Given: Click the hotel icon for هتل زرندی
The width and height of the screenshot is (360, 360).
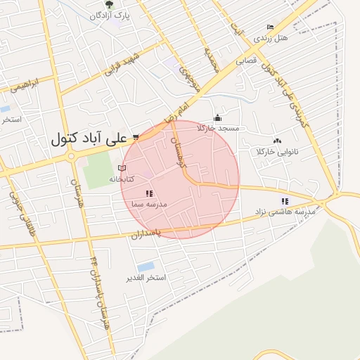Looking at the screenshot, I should click(x=271, y=27).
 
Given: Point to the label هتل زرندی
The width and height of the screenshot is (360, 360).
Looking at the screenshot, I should click(x=271, y=37).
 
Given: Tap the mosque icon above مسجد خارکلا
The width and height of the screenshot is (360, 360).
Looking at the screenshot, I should click(x=218, y=118).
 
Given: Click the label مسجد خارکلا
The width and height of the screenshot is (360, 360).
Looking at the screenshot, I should click(x=219, y=128).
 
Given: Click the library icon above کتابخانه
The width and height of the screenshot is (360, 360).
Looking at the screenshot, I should click(x=122, y=169).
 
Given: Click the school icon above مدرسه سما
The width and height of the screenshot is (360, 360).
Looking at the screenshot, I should click(x=149, y=193).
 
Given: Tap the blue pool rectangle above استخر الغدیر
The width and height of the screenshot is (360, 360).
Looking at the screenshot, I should click(x=146, y=266).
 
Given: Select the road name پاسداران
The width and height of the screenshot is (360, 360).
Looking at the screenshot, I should click(x=146, y=232).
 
